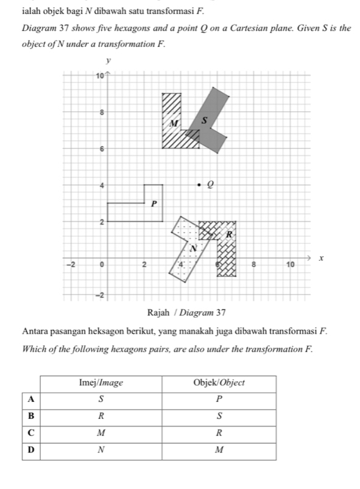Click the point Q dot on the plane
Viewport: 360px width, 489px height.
(x=199, y=185)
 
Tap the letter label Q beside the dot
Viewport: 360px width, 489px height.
(x=211, y=185)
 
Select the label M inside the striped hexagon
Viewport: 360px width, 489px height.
(x=174, y=123)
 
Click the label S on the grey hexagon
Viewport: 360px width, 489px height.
(x=204, y=121)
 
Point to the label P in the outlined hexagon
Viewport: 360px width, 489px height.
(x=154, y=204)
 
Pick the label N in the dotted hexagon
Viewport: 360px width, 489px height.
(x=194, y=248)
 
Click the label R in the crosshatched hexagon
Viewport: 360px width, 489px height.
(x=229, y=234)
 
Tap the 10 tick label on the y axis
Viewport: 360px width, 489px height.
(x=99, y=76)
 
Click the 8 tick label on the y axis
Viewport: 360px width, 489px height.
(x=101, y=113)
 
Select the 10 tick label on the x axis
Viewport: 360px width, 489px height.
(x=290, y=265)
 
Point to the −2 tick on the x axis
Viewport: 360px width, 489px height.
(x=71, y=265)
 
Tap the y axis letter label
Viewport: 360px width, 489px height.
(x=108, y=60)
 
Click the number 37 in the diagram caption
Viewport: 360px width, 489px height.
(x=221, y=312)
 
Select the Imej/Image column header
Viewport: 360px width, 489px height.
(x=101, y=382)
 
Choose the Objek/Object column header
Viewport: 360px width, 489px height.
(x=219, y=382)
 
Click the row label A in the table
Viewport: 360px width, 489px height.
(x=31, y=399)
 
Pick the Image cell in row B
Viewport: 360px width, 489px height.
(x=101, y=417)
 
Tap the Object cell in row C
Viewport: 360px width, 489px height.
(x=219, y=433)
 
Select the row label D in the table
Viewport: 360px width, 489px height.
(x=31, y=450)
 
